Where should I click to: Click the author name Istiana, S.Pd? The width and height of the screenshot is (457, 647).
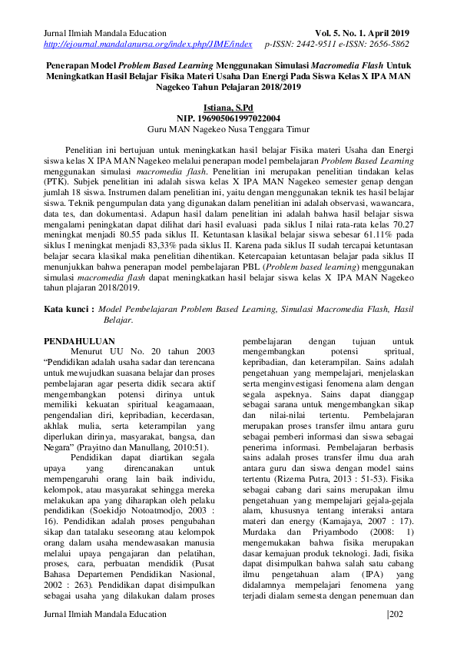228,108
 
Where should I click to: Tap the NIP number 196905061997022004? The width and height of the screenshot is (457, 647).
228,119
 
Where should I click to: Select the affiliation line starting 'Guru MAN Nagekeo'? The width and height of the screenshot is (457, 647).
228,130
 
